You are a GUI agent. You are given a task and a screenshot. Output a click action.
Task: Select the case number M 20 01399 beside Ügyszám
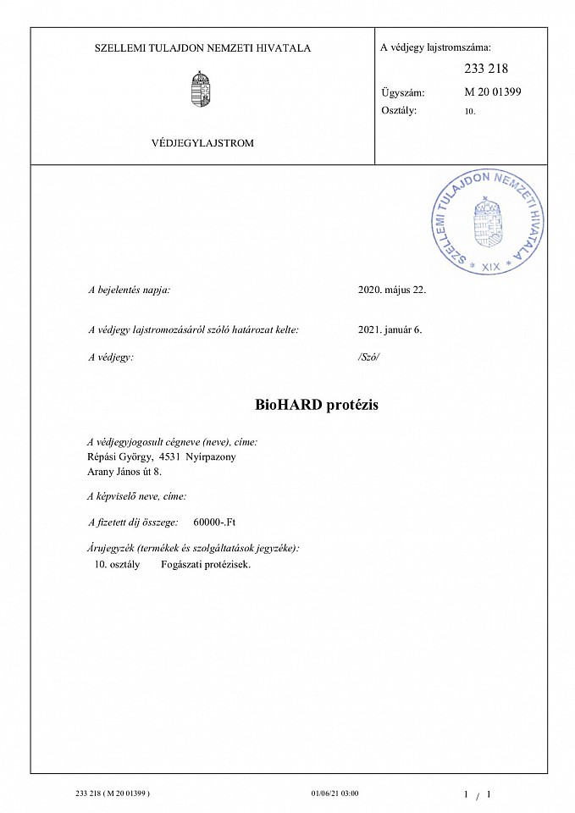coord(493,91)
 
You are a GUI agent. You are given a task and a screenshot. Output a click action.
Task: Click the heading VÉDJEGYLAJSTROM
coord(202,143)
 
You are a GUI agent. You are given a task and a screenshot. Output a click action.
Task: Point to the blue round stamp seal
coord(486,220)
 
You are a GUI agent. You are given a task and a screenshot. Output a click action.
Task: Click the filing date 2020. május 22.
coord(392,290)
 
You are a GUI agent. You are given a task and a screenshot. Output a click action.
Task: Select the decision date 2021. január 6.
coord(390,329)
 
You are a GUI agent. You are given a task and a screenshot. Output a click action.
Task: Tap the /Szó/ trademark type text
coord(369,357)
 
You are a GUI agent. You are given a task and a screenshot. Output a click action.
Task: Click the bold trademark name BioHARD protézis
coord(316,405)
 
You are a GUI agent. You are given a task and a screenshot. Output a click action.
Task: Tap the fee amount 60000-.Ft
coord(220,523)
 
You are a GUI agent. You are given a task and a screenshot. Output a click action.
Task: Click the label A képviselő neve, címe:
coord(137,496)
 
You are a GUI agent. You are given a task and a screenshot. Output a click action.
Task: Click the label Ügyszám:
coord(402,92)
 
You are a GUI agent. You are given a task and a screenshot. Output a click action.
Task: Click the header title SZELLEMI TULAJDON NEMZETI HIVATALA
coord(202,48)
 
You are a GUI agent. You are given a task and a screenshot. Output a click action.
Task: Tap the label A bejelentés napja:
coord(130,290)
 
